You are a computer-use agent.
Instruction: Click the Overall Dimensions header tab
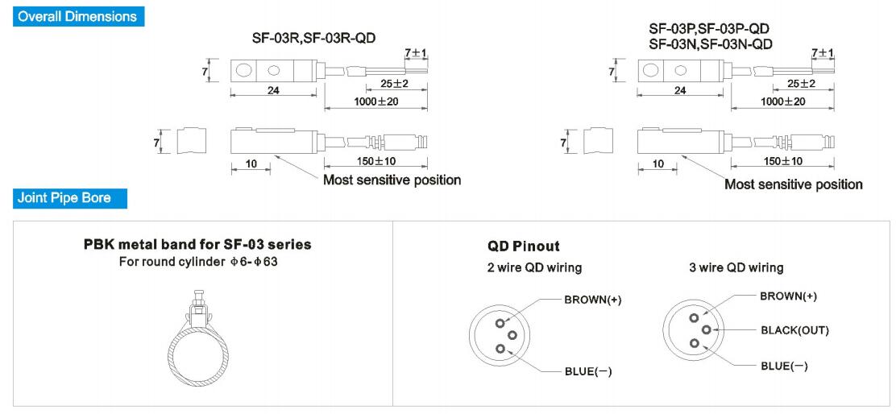coord(78,16)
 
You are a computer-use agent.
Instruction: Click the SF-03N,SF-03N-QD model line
coord(711,43)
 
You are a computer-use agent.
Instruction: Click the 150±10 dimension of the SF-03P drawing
coord(783,161)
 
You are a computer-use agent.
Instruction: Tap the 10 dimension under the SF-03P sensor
coord(658,164)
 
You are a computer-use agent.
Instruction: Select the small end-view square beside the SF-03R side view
coord(191,140)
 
